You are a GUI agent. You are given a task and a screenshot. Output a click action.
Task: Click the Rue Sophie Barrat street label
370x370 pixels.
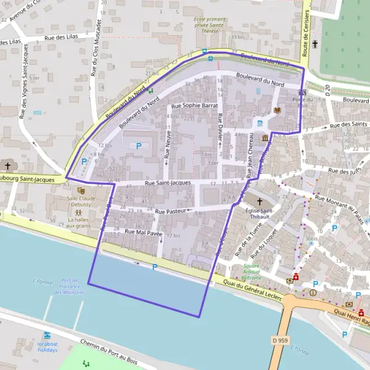195,106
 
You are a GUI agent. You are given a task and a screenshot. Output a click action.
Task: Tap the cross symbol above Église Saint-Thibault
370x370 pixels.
259,202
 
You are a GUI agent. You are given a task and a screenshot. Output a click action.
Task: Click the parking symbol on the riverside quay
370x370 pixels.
154,267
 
